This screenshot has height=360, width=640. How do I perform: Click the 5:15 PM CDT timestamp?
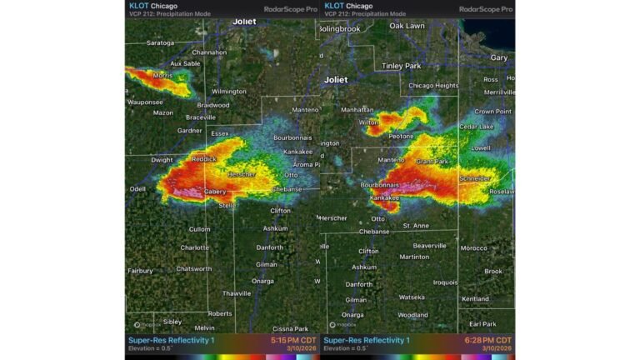click(x=292, y=340)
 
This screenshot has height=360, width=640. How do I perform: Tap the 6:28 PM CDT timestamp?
click(x=487, y=340)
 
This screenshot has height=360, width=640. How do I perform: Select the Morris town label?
click(x=162, y=76)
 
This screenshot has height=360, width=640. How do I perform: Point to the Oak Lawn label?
click(x=407, y=26)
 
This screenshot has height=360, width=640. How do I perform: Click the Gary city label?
click(x=499, y=57)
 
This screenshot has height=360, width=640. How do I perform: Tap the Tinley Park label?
click(x=401, y=66)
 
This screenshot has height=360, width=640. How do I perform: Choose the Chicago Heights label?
click(x=433, y=86)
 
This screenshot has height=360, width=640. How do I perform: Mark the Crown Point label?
click(x=492, y=111)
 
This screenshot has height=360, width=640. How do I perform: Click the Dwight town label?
click(x=162, y=160)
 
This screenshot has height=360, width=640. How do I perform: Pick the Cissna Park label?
click(x=290, y=328)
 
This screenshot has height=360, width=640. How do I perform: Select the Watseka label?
click(x=412, y=297)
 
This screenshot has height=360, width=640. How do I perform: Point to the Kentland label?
click(x=475, y=298)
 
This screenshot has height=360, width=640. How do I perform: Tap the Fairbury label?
click(x=140, y=270)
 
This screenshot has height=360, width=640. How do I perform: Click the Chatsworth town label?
click(x=194, y=268)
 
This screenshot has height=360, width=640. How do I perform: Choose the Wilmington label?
click(x=229, y=92)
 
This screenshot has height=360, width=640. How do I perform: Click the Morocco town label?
click(x=473, y=248)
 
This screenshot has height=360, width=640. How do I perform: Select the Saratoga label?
click(x=160, y=42)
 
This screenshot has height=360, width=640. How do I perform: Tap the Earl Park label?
click(x=482, y=323)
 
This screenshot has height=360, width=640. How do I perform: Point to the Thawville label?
click(x=237, y=293)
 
